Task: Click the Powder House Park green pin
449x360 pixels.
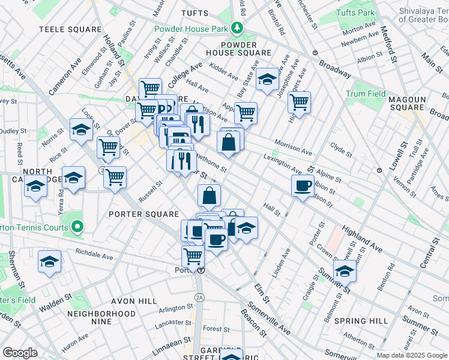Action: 238,28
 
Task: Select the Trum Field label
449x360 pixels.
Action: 366,94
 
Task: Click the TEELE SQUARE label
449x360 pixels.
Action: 70,29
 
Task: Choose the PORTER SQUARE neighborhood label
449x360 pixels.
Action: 143,214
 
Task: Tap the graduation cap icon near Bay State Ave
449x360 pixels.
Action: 267,80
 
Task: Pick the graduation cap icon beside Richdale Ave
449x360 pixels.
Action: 50,262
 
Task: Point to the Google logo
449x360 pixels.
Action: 20,353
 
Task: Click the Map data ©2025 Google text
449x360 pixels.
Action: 411,355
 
